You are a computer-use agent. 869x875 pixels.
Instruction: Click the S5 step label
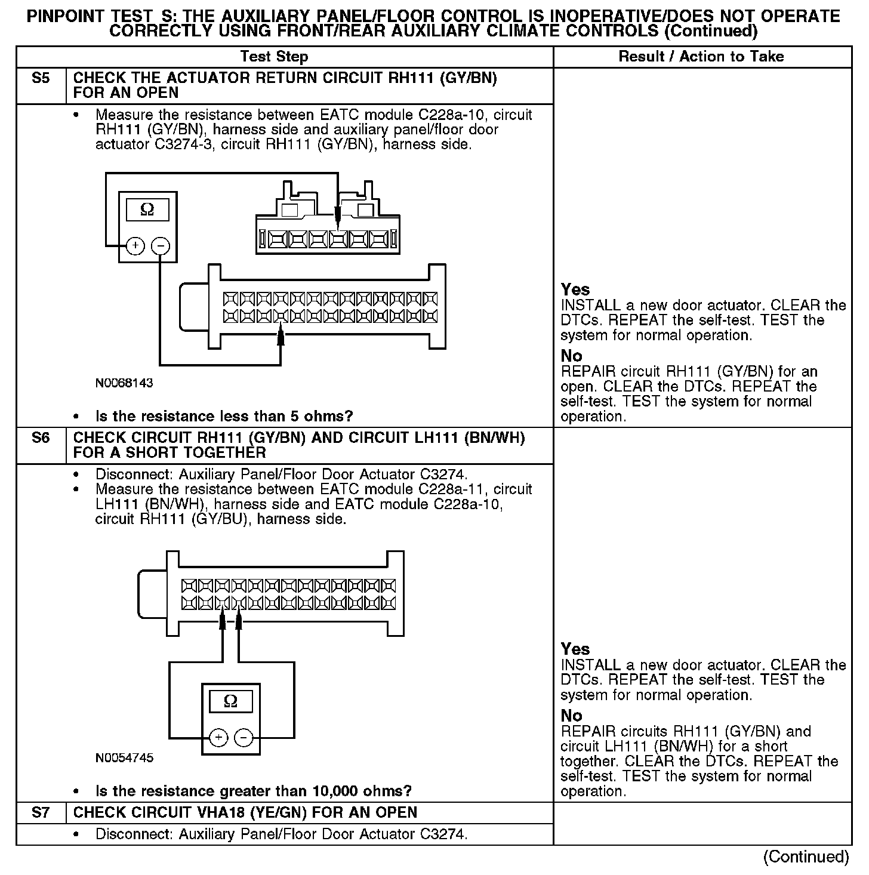(40, 78)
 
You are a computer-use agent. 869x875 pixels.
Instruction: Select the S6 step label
(40, 438)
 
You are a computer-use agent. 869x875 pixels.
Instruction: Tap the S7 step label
(40, 812)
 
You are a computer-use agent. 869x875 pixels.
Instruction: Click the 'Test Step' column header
(274, 57)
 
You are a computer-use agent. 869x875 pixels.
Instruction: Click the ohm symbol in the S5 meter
(147, 209)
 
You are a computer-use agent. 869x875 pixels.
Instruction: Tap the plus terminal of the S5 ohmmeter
(135, 245)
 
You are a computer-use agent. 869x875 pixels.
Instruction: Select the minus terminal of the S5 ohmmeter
(160, 245)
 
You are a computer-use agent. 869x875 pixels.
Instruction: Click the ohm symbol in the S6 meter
(230, 701)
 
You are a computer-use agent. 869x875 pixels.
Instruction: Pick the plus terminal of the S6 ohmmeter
(219, 738)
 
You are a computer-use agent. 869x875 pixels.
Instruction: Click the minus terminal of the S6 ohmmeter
(244, 738)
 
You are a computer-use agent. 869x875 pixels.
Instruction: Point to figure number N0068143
(124, 383)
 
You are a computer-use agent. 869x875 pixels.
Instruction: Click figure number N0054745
(124, 758)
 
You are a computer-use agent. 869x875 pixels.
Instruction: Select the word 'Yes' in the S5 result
(575, 289)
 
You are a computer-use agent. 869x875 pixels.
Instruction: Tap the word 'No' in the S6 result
(571, 715)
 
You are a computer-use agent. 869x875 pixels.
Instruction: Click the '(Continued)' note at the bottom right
(806, 856)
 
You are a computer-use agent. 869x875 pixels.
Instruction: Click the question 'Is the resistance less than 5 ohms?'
(224, 416)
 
